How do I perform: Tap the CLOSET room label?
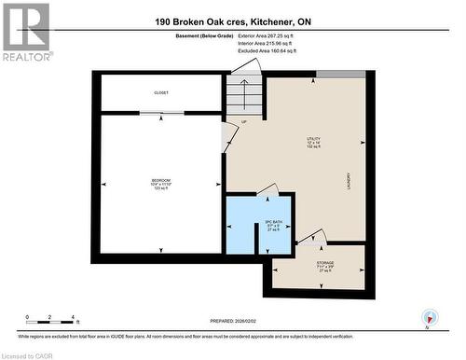point(161,92)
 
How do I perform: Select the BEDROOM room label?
point(161,182)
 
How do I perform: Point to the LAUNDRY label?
point(348,178)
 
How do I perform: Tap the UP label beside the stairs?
point(244,122)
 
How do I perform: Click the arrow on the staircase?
point(244,94)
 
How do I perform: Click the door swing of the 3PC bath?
point(267,190)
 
